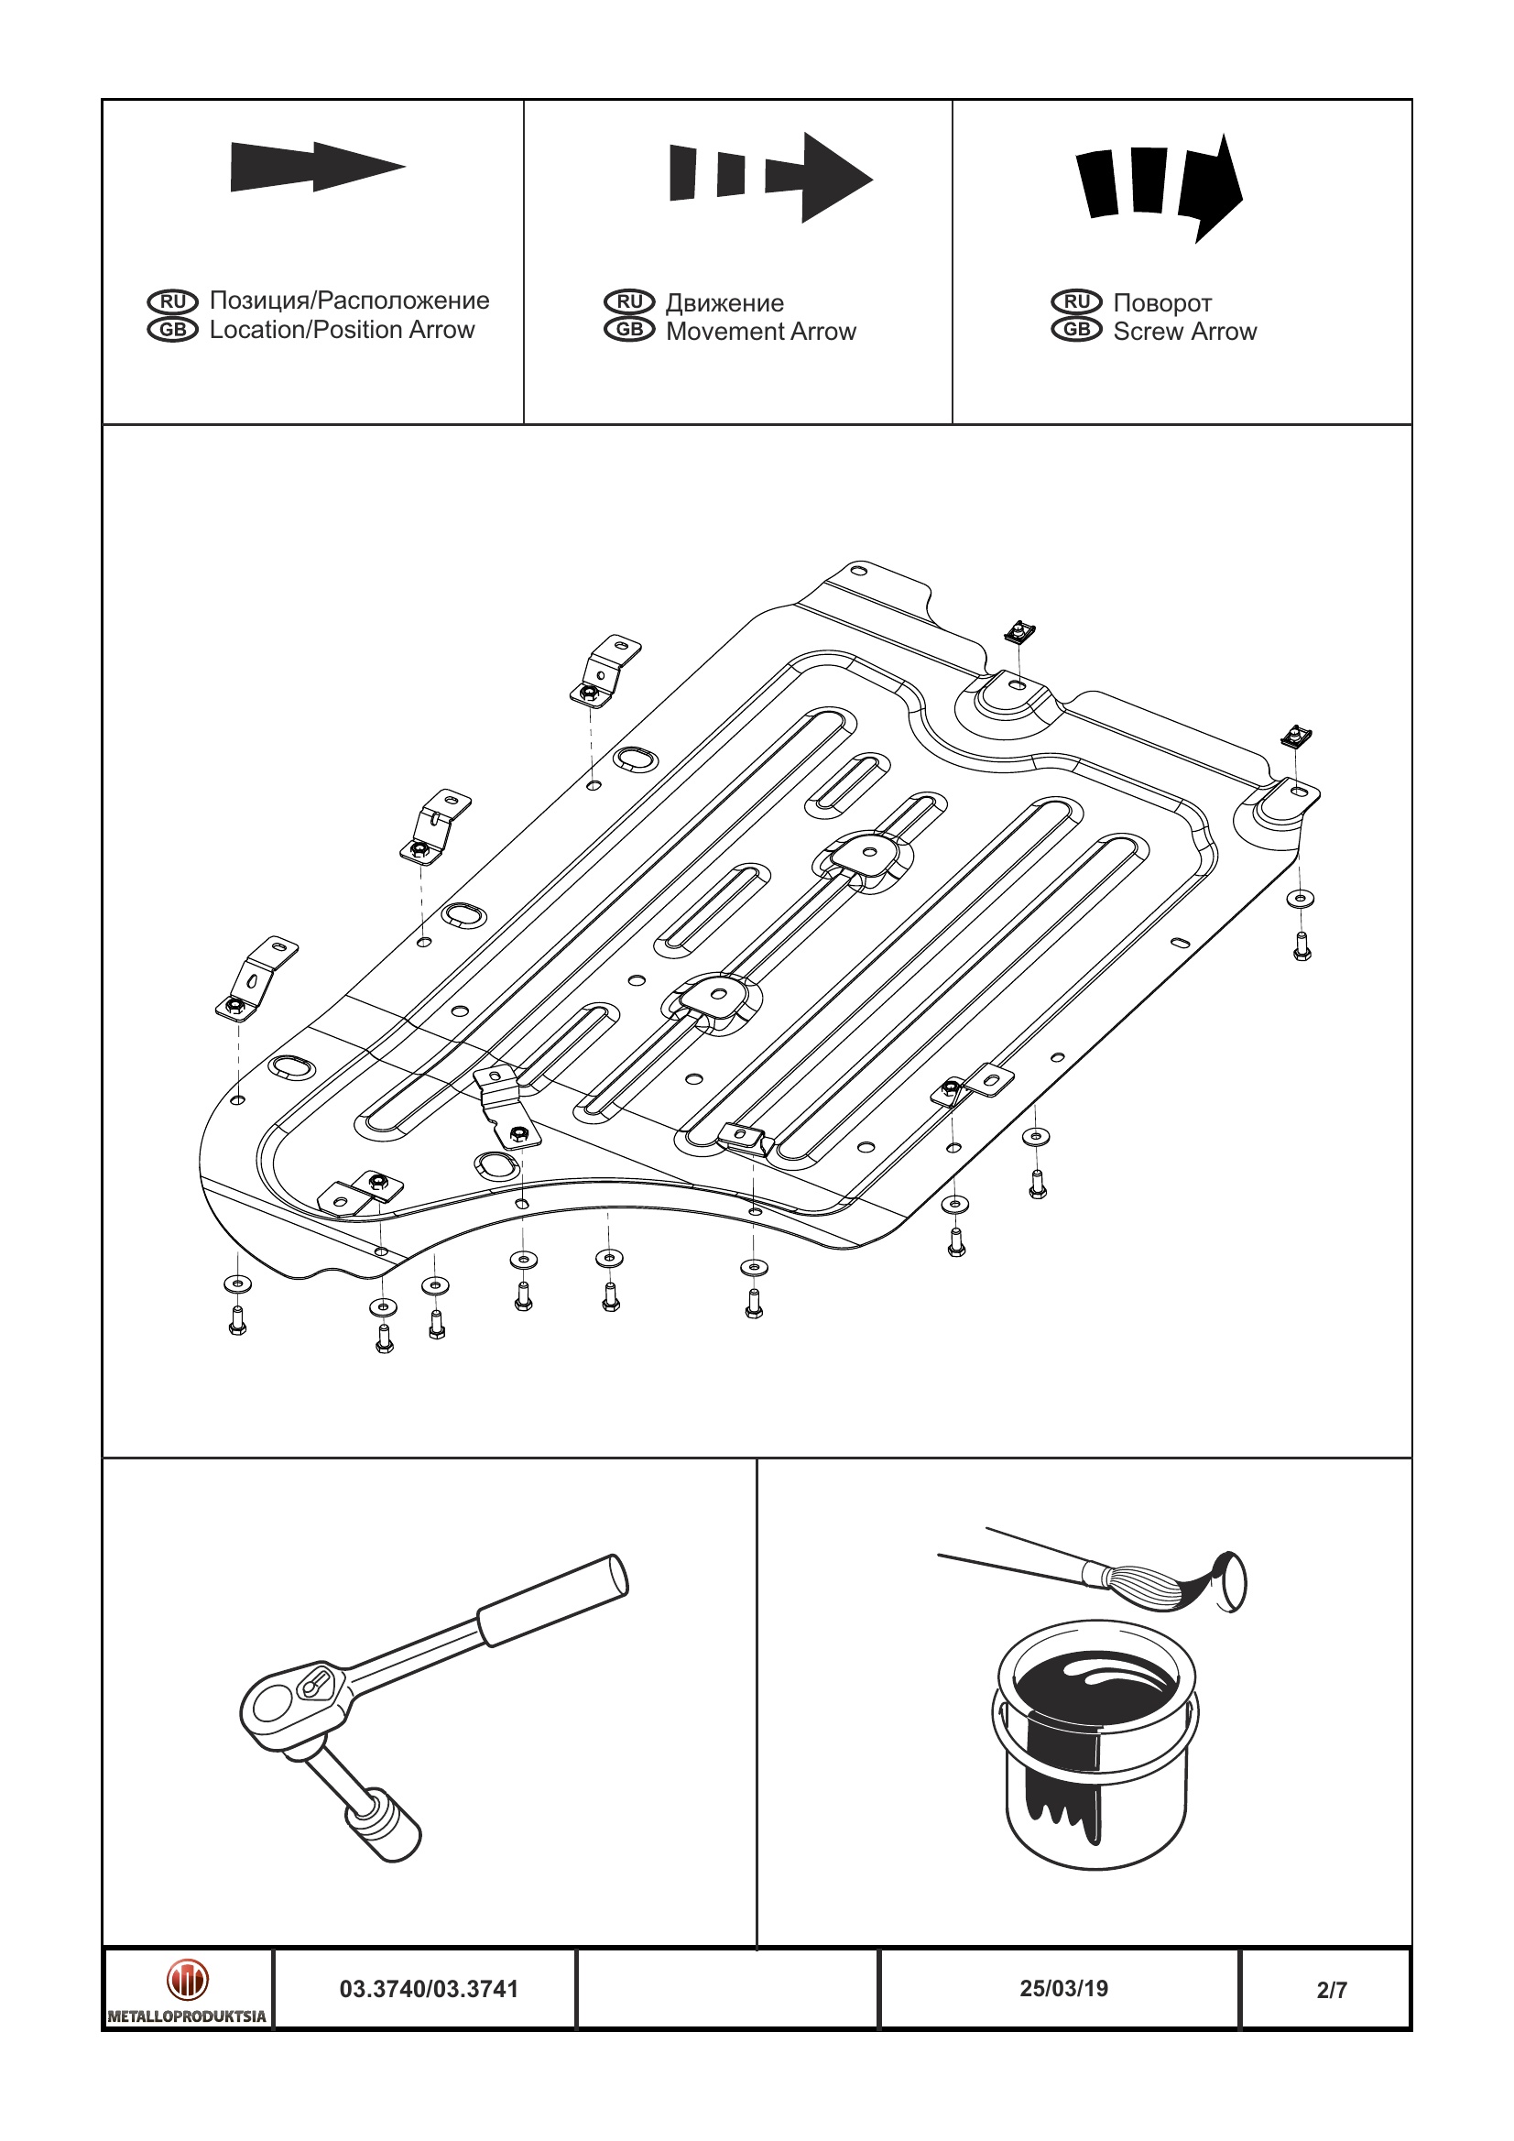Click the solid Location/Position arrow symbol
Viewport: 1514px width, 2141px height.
[x=317, y=168]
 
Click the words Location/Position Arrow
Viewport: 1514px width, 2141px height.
[x=342, y=330]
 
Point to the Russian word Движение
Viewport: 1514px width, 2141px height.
[x=724, y=303]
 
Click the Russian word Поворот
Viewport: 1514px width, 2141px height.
[x=1161, y=303]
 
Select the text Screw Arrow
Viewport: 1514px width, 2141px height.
[x=1184, y=332]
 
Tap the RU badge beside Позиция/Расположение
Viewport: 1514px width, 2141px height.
[x=172, y=301]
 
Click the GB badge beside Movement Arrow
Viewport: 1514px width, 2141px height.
[x=629, y=330]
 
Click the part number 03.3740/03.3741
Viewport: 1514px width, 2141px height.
[x=428, y=1989]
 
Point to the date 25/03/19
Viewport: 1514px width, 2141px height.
[x=1063, y=1988]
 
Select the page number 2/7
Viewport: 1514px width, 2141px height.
[x=1332, y=1990]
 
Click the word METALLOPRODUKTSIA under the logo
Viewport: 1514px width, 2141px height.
[x=188, y=2016]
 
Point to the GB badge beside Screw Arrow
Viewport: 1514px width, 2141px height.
[x=1077, y=330]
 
